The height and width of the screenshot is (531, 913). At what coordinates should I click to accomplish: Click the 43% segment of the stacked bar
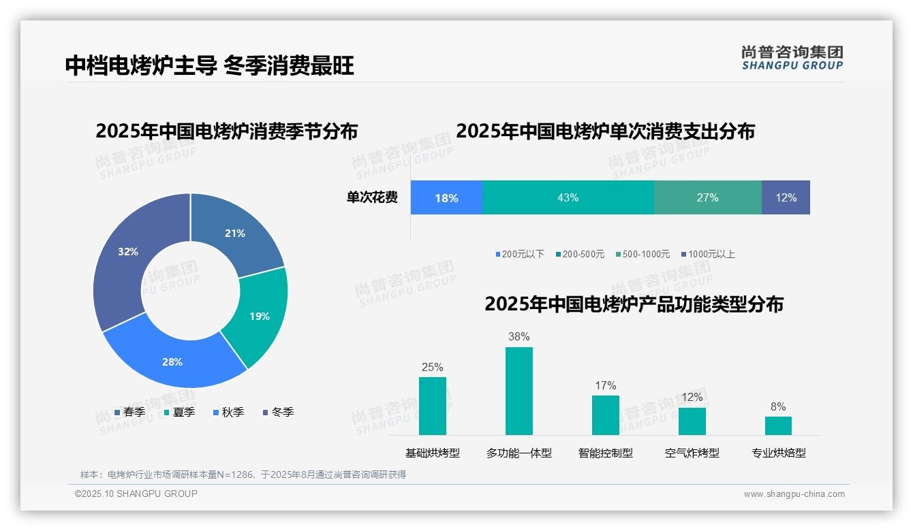click(x=568, y=197)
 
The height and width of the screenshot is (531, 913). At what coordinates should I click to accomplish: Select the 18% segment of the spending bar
click(x=446, y=197)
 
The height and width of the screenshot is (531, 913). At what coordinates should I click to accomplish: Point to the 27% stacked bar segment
click(x=707, y=197)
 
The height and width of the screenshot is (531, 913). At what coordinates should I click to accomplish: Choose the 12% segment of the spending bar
click(x=786, y=197)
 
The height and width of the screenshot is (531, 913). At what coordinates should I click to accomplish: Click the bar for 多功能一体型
click(x=519, y=391)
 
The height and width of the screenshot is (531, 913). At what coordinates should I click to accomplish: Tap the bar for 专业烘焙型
click(x=778, y=425)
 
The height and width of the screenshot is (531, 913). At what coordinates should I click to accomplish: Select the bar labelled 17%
click(x=605, y=415)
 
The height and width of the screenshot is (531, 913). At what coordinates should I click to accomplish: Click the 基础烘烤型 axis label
click(x=433, y=453)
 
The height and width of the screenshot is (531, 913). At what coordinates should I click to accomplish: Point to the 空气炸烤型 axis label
click(x=692, y=453)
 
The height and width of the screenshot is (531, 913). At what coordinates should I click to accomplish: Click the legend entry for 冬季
click(x=278, y=412)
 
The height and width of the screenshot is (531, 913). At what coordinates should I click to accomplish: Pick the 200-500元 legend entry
click(x=580, y=254)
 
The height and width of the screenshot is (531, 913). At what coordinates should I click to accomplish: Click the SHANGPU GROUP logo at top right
click(x=792, y=57)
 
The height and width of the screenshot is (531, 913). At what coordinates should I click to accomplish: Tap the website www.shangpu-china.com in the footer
click(x=794, y=494)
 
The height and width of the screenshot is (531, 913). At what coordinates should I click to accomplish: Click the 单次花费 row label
click(x=372, y=197)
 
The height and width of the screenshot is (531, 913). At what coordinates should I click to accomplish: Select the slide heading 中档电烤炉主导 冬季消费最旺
click(x=209, y=66)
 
